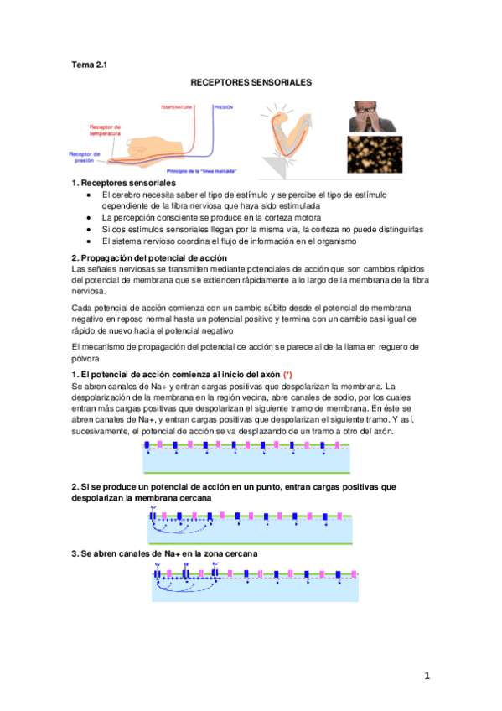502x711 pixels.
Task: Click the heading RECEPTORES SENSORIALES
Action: (x=251, y=84)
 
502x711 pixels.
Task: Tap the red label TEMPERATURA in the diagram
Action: (x=176, y=107)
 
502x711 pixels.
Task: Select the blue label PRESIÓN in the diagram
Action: (x=224, y=107)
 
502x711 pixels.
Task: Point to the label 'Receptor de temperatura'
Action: (x=106, y=130)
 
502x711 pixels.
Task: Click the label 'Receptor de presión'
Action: (x=85, y=158)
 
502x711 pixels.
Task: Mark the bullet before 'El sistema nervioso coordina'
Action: (x=90, y=241)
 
